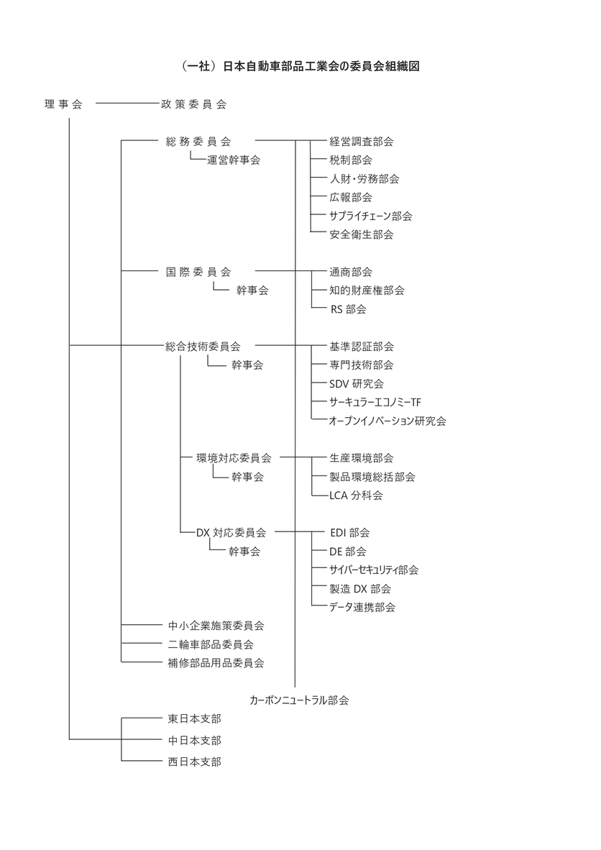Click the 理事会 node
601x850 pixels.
tap(63, 104)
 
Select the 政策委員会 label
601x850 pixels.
tap(193, 104)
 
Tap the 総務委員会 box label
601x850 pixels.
tap(198, 142)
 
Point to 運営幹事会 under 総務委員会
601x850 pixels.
tap(234, 160)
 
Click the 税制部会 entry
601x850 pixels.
tap(351, 160)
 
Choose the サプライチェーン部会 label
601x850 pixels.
tap(371, 216)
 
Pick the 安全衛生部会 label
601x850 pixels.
tap(362, 234)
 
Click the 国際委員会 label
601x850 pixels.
tap(198, 272)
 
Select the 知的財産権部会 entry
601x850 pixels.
tap(367, 290)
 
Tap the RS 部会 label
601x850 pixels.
tap(349, 309)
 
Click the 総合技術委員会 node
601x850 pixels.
tap(203, 347)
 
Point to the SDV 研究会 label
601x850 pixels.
tap(357, 384)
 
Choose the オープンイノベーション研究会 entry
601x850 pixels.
tap(387, 421)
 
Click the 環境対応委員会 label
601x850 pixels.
tap(234, 458)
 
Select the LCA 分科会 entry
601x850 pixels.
tap(356, 495)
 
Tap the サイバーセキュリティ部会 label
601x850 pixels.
tap(374, 570)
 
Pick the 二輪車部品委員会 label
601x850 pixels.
tap(211, 644)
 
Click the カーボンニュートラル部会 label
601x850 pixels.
tap(299, 700)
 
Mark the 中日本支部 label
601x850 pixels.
tap(195, 740)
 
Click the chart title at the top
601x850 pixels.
tap(300, 66)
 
